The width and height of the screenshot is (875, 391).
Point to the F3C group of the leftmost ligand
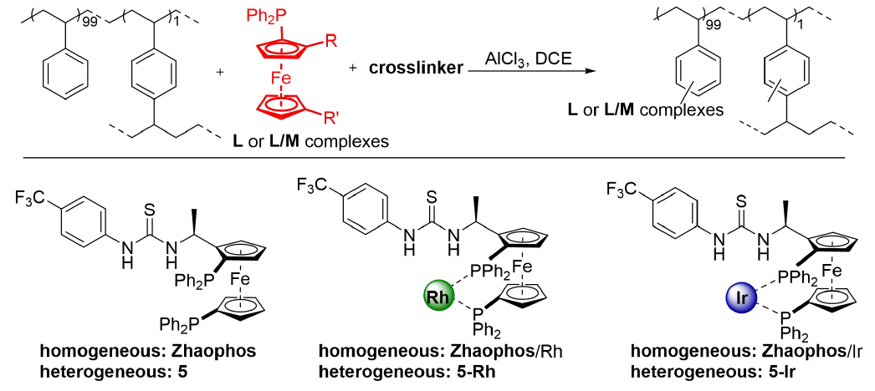(30, 198)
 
